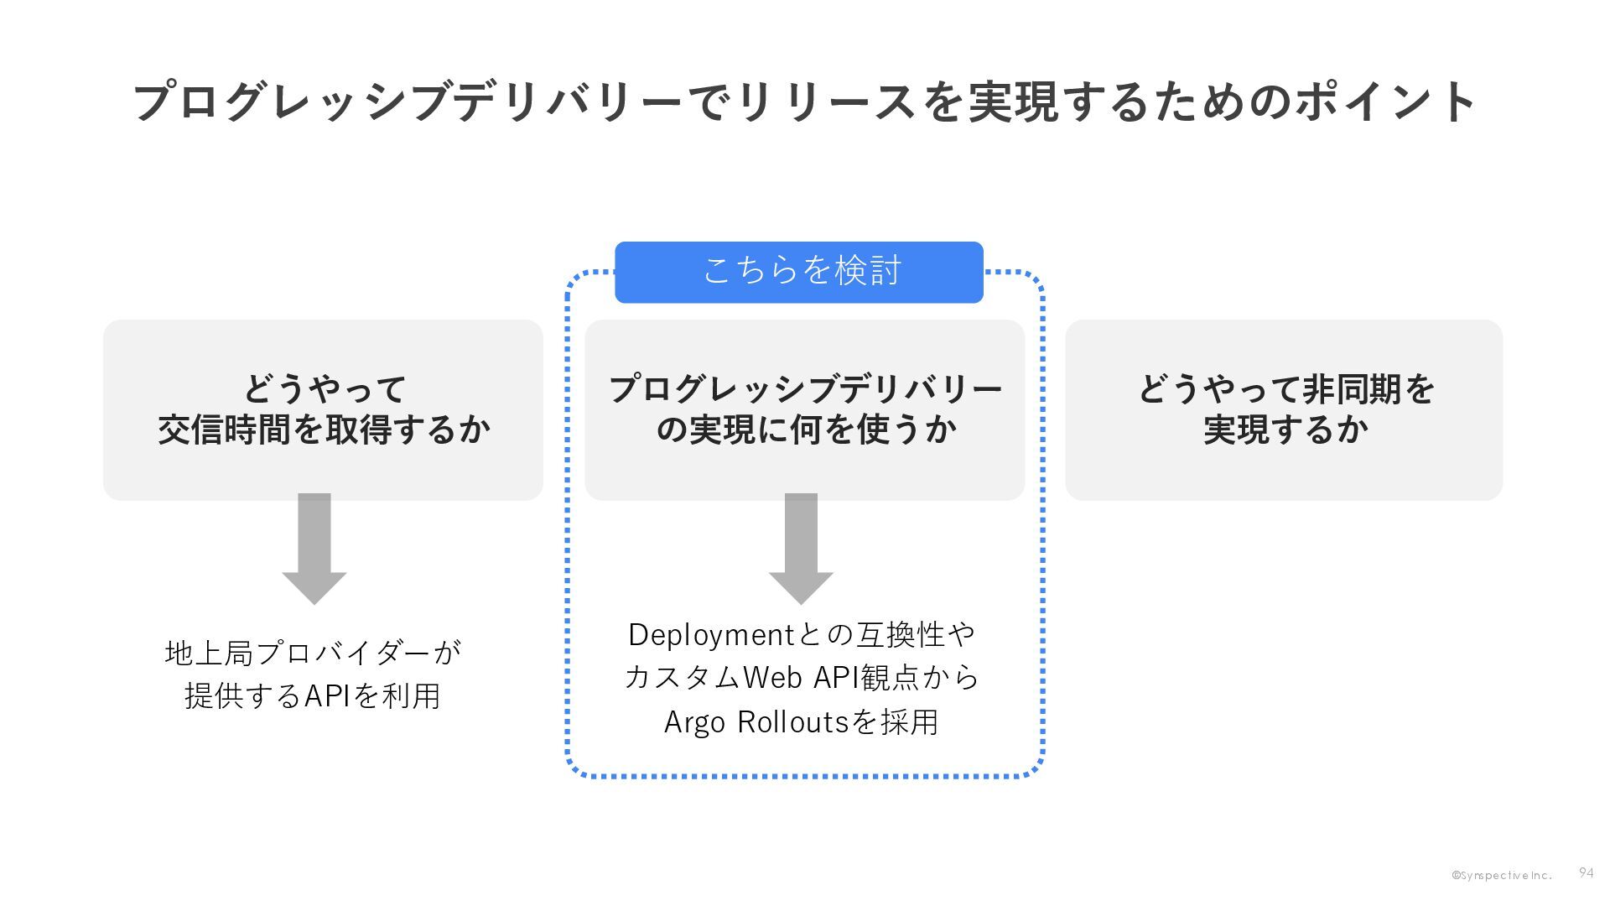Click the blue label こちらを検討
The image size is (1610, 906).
tap(799, 272)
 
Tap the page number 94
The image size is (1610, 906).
tap(1586, 873)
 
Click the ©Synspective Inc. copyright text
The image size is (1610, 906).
tap(1502, 876)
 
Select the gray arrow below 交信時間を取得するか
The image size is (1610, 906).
tap(314, 549)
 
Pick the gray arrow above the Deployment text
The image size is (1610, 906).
tap(801, 549)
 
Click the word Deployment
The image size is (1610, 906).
tap(705, 635)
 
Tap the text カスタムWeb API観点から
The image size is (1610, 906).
tap(802, 678)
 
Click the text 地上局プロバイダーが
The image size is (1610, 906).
tap(313, 653)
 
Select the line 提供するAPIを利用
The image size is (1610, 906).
tap(313, 695)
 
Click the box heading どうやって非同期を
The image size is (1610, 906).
tap(1285, 389)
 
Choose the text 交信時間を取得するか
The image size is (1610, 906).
tap(324, 430)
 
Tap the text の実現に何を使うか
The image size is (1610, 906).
tap(805, 430)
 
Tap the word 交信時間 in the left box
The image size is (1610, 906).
tap(224, 430)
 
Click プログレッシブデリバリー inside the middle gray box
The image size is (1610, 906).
tap(805, 389)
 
